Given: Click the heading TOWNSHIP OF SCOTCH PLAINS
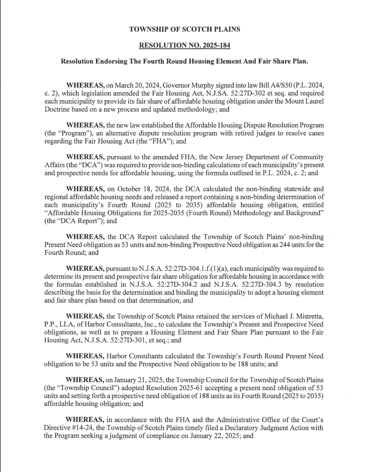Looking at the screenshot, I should tap(185, 29).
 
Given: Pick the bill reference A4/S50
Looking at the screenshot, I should tap(273, 85).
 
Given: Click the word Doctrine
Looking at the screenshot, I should tap(57, 109).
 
